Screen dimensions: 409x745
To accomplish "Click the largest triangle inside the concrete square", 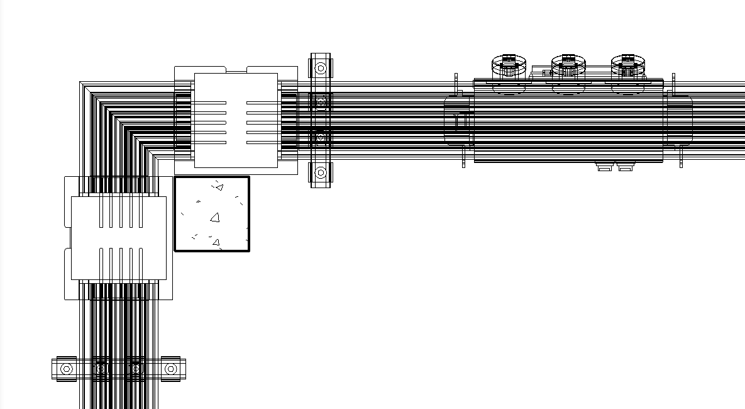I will pos(215,218).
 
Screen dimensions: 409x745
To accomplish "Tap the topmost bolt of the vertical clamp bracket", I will pos(321,67).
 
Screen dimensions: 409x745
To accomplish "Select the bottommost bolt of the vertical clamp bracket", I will pos(321,172).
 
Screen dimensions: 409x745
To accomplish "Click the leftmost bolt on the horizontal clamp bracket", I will pos(67,369).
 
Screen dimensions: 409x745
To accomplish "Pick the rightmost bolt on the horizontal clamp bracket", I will pos(170,369).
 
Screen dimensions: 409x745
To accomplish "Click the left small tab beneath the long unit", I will pos(605,167).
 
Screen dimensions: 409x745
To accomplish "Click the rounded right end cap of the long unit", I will pos(680,120).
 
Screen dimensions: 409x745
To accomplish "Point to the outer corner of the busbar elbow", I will pos(81,83).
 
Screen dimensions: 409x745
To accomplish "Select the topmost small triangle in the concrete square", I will pos(219,187).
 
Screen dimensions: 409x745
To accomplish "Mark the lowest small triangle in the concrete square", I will pos(216,242).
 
